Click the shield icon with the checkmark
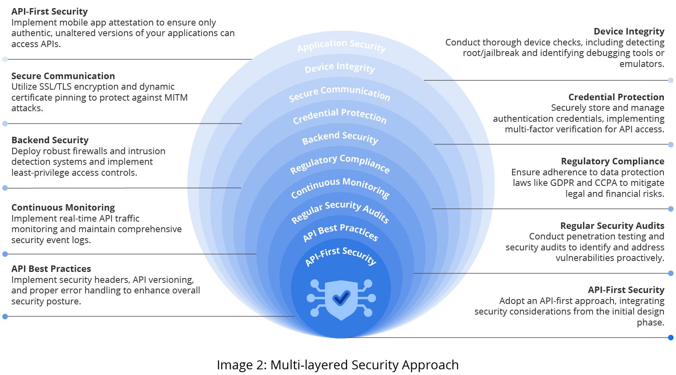341,299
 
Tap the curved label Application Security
341,45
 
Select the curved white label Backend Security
340,138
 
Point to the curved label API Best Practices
341,232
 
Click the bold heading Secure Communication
63,76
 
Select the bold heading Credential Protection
616,97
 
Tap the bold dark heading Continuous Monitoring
63,207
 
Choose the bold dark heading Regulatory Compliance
612,161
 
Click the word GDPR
562,183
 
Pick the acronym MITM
176,97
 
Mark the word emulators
642,64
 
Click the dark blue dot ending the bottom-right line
671,337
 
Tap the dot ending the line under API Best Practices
5,317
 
